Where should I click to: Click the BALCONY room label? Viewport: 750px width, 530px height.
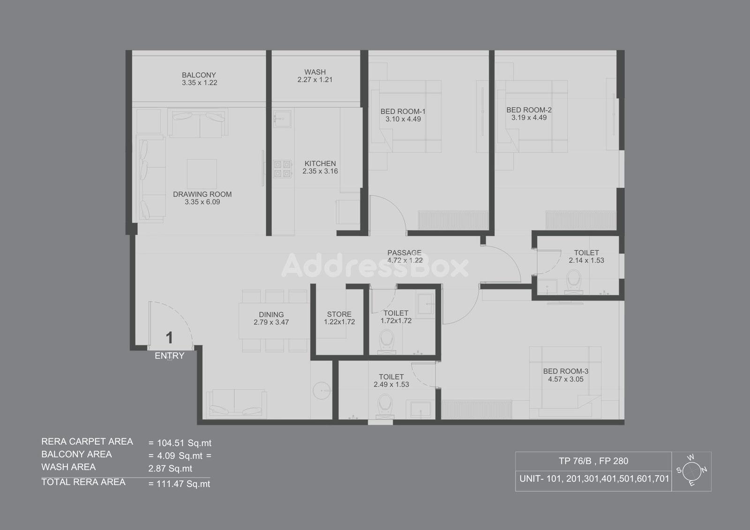point(199,75)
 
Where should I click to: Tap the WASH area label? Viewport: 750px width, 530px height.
point(315,72)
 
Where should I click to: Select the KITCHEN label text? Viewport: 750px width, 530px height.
point(320,164)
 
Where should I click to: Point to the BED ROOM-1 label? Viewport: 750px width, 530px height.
point(403,111)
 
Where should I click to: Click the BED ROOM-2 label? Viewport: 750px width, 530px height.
point(529,110)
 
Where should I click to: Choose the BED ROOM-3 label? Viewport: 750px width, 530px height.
point(565,371)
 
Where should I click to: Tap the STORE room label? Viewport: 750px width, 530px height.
point(339,314)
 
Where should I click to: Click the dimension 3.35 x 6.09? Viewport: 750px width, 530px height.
point(202,202)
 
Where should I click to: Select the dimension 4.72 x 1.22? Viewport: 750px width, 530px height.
point(405,260)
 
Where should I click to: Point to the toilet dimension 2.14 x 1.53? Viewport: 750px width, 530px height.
point(586,260)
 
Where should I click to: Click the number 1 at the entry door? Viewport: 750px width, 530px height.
point(169,337)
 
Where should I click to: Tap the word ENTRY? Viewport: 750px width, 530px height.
point(169,356)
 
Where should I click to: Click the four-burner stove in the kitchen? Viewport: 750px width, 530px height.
point(282,169)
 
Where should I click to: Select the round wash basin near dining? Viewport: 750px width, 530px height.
point(322,390)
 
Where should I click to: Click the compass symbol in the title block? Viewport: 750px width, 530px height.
point(691,471)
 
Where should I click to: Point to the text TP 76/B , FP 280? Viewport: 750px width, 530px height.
point(593,461)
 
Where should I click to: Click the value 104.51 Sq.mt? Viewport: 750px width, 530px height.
point(184,443)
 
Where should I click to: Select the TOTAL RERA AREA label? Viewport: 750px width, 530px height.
point(83,482)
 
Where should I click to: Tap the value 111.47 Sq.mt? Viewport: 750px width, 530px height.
point(183,484)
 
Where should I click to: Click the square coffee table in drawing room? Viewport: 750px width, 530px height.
point(202,174)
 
